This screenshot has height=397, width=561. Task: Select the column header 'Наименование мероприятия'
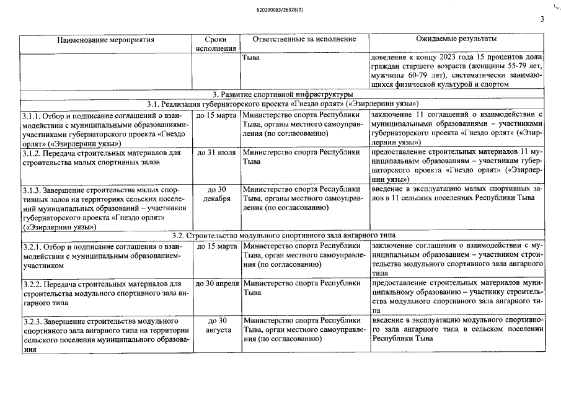click(105, 40)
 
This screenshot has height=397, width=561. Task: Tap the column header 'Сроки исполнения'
click(215, 44)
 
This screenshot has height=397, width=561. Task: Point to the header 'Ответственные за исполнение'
click(304, 40)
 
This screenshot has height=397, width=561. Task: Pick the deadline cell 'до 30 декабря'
click(216, 194)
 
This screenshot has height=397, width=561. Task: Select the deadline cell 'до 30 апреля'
click(216, 283)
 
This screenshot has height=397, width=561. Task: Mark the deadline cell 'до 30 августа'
click(216, 325)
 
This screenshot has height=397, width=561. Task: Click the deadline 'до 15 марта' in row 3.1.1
click(216, 115)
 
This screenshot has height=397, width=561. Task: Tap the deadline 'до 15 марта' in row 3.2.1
click(216, 246)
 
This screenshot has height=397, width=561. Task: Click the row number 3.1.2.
click(32, 152)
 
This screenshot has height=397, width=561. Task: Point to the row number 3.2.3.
click(32, 321)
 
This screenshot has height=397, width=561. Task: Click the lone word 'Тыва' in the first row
click(251, 58)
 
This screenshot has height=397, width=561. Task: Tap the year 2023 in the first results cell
click(437, 58)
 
